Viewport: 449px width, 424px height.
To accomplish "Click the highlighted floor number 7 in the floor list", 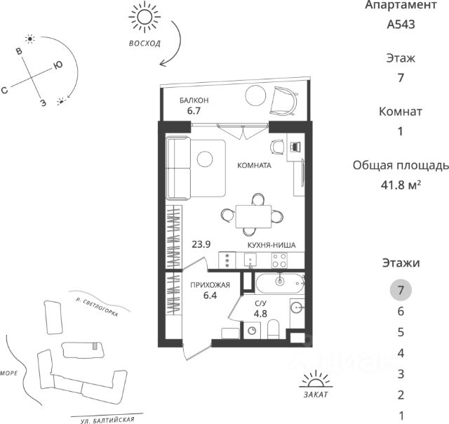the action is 401,290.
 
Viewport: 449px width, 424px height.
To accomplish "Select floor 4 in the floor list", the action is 401,352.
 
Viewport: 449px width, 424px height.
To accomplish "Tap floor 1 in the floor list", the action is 401,414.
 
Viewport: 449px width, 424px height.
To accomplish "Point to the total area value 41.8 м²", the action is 401,185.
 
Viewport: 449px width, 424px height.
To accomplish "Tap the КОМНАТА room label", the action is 253,166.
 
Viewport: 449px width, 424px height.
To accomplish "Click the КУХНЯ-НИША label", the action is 270,245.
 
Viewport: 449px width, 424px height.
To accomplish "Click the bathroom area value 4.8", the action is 261,314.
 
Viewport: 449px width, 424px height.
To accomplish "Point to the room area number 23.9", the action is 201,245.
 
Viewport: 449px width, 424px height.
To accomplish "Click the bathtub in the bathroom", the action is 279,283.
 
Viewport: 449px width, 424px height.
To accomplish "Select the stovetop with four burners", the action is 279,260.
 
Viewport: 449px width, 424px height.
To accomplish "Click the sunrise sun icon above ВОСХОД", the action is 145,15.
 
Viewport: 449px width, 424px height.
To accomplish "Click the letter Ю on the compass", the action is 58,66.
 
